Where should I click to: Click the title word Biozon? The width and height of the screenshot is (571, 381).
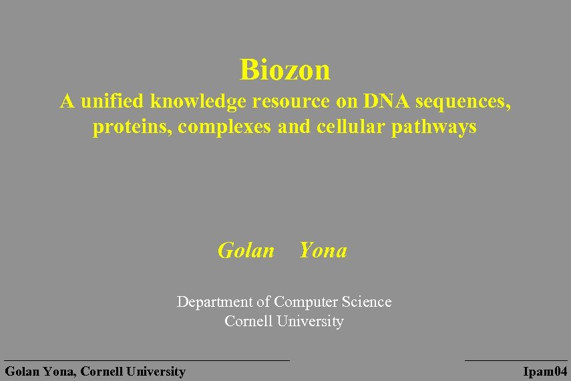pyautogui.click(x=285, y=69)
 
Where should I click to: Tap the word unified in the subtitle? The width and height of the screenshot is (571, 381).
pyautogui.click(x=112, y=101)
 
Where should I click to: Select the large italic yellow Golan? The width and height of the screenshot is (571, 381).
pyautogui.click(x=246, y=251)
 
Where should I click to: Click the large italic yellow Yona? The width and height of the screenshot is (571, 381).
pyautogui.click(x=323, y=251)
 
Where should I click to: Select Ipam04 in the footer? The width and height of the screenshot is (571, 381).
pyautogui.click(x=545, y=372)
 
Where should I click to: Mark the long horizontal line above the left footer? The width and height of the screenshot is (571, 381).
pyautogui.click(x=147, y=360)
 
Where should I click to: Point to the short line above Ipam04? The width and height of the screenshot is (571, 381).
pyautogui.click(x=516, y=360)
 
